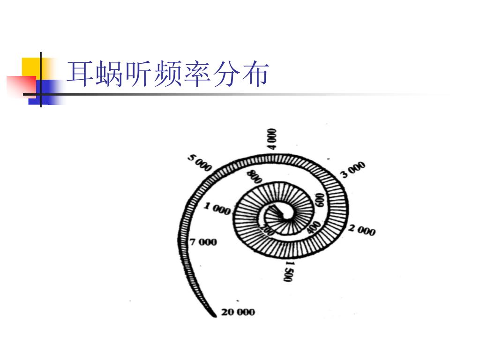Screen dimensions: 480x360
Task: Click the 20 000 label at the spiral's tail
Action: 238,312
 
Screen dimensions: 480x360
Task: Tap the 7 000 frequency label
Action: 203,242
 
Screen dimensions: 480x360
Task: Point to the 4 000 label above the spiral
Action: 272,139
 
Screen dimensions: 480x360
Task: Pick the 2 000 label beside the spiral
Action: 361,230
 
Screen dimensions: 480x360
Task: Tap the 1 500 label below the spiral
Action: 288,271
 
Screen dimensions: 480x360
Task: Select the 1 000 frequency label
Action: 217,209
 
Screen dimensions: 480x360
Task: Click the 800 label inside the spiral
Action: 255,177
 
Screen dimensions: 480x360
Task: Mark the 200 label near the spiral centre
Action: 268,229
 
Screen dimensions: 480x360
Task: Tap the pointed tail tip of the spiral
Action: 215,316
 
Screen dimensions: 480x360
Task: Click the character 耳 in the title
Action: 80,75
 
